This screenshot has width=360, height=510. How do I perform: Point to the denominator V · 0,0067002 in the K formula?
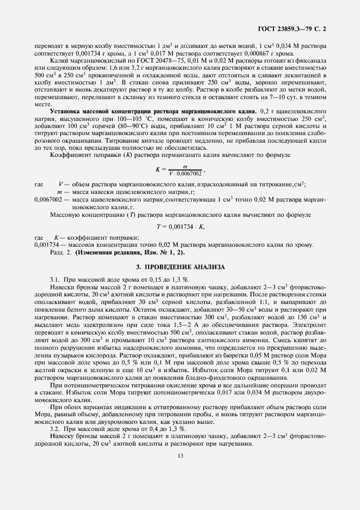pos(185,173)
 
